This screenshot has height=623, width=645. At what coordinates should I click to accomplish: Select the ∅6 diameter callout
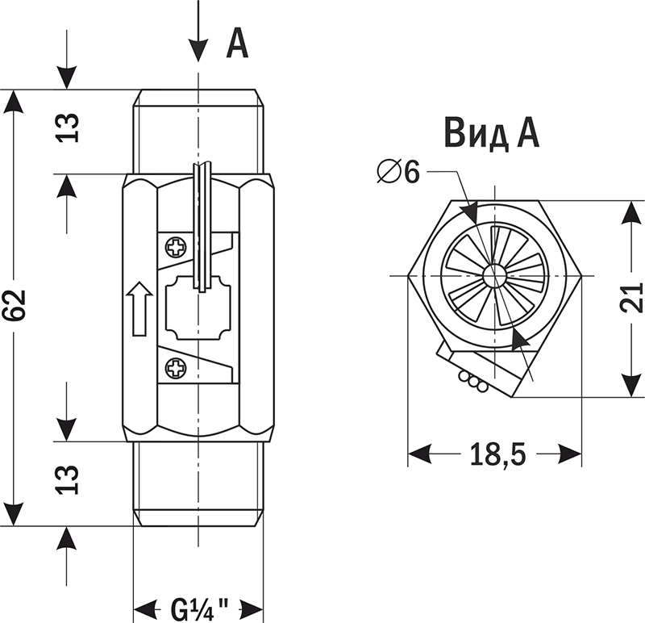tap(401, 172)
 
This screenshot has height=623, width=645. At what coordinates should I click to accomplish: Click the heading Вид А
tap(491, 133)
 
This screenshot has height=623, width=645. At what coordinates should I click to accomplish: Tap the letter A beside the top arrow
tap(235, 44)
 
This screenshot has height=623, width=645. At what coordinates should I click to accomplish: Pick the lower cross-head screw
tap(176, 369)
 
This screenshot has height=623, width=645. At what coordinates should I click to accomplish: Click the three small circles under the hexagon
tap(472, 381)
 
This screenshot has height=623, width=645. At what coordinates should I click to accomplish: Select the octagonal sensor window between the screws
tap(198, 307)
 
